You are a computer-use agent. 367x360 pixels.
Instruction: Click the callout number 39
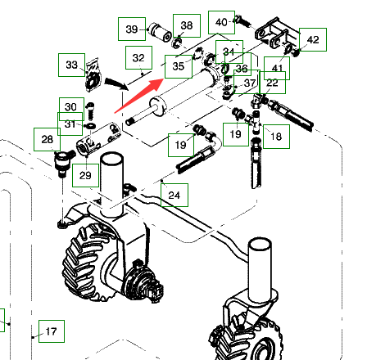click(x=132, y=29)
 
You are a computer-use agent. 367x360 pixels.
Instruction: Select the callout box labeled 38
click(x=187, y=25)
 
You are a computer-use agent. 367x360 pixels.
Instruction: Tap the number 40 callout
click(x=221, y=22)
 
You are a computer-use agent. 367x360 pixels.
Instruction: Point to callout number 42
click(x=313, y=39)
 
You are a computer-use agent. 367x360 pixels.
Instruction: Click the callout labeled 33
click(x=71, y=65)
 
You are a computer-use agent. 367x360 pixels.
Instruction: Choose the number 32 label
click(x=138, y=57)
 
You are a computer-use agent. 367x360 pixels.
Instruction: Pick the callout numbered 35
click(x=179, y=66)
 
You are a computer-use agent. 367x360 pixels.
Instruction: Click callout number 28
click(x=47, y=139)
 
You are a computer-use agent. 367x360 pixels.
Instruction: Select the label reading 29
click(x=85, y=175)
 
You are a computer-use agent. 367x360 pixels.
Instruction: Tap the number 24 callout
click(x=174, y=195)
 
